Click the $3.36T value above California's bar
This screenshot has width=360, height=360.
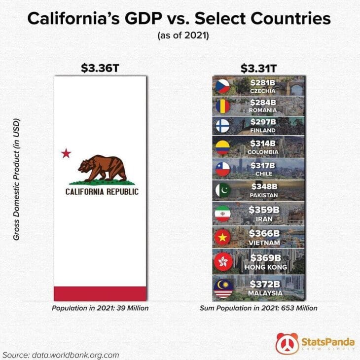tap(100, 68)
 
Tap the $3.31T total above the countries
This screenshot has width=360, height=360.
tap(258, 68)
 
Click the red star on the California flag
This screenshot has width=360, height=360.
tap(66, 153)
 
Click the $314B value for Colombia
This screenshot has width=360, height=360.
tap(263, 143)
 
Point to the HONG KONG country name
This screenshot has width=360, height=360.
tap(266, 267)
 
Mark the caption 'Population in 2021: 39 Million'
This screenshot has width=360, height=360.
tap(100, 308)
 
